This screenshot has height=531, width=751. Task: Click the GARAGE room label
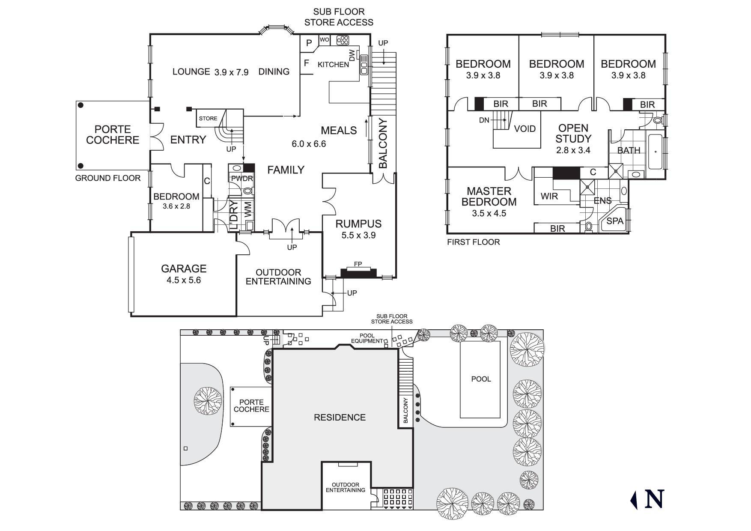(184, 268)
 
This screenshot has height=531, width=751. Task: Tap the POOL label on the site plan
(481, 379)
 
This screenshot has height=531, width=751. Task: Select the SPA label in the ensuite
(615, 221)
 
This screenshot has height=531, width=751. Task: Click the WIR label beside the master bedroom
(549, 197)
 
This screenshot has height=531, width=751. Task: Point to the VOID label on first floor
(525, 128)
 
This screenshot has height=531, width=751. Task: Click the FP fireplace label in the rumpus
(358, 265)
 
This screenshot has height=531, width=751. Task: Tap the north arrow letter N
(654, 499)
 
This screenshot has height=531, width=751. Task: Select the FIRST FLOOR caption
(473, 242)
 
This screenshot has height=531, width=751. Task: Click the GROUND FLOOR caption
(108, 178)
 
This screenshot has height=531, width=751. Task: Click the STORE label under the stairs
(208, 118)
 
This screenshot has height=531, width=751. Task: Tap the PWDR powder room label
(242, 178)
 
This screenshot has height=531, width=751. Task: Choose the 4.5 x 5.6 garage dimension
(184, 280)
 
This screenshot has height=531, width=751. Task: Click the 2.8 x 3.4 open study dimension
(573, 150)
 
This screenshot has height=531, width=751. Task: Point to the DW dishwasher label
(352, 55)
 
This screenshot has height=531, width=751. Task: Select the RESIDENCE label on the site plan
(340, 418)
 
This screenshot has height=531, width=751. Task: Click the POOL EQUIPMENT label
(367, 338)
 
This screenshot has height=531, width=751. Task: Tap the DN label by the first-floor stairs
(484, 120)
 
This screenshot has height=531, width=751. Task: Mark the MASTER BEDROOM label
(489, 196)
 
